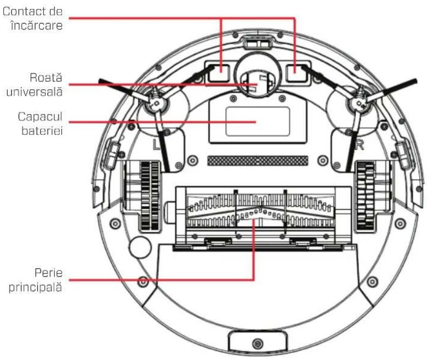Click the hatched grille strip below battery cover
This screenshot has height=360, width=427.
(x=257, y=160)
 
